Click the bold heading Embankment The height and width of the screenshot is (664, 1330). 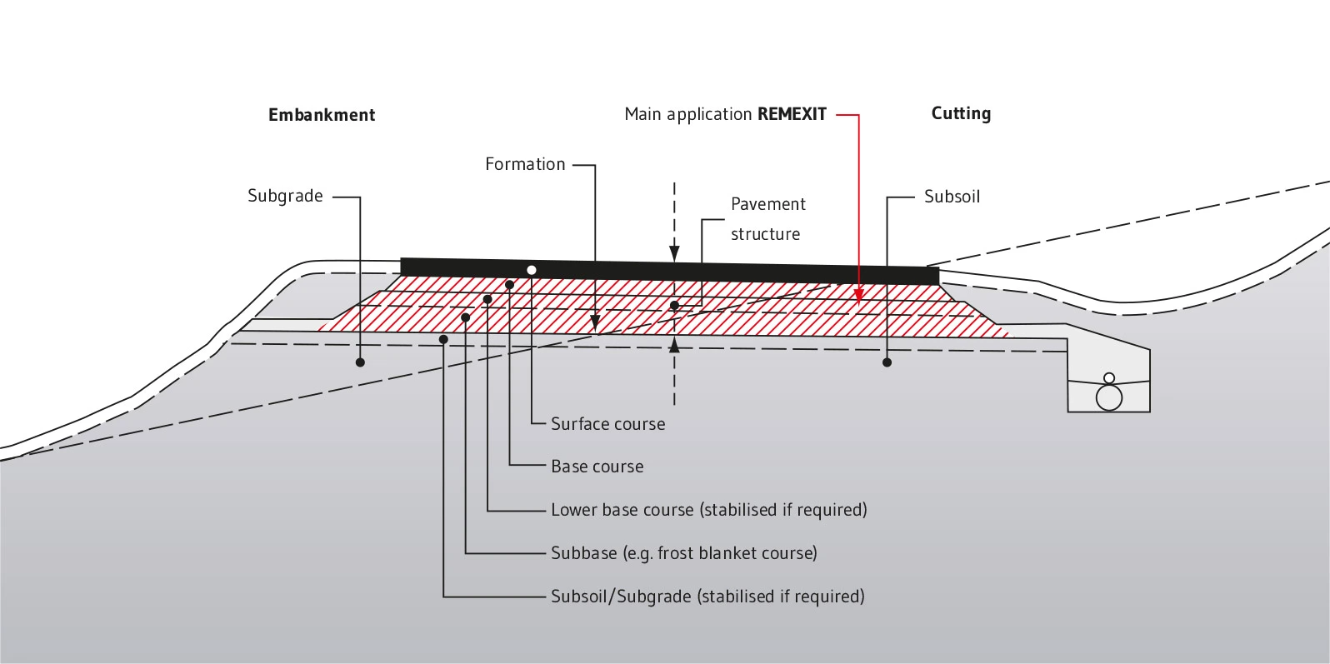[x=321, y=114]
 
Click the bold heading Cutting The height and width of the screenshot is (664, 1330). [x=961, y=113]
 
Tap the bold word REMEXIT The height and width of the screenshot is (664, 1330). [x=792, y=114]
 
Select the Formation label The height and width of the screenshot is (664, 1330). [x=525, y=164]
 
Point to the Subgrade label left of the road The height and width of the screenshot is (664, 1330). [x=285, y=196]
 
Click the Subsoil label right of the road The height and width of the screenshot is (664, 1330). [x=952, y=197]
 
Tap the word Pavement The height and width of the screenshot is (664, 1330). [x=767, y=204]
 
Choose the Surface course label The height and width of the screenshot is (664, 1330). [x=608, y=424]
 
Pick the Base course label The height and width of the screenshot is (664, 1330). [x=597, y=467]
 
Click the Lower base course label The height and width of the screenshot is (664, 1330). [x=709, y=510]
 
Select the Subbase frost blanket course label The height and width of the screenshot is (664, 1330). [x=684, y=553]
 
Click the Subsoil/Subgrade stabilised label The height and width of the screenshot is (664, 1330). [x=707, y=597]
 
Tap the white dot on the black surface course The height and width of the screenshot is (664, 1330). [x=532, y=270]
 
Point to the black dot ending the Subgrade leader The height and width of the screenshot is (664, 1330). [x=360, y=362]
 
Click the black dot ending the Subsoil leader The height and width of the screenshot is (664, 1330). [x=887, y=362]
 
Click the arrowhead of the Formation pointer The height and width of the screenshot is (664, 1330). [x=595, y=323]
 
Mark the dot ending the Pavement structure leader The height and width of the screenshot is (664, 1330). [x=674, y=306]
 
